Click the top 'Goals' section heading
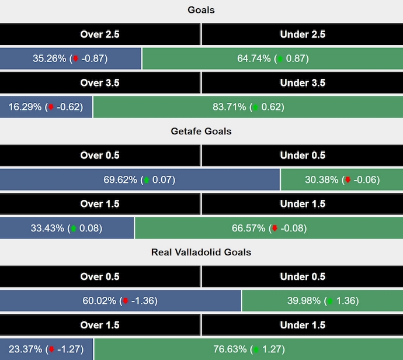201,10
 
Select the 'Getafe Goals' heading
201,131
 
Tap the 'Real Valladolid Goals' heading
201,252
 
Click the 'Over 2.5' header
100,34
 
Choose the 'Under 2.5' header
303,34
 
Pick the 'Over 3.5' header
100,83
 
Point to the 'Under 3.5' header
303,83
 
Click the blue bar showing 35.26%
70,58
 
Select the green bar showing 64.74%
272,58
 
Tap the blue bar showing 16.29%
46,107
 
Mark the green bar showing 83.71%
248,107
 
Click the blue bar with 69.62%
140,179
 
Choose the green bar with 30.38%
342,179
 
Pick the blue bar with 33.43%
67,228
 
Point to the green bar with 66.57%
269,228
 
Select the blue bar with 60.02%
120,300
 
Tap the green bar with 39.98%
322,300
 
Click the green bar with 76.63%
248,349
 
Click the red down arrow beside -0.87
75,59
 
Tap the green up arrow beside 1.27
256,349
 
